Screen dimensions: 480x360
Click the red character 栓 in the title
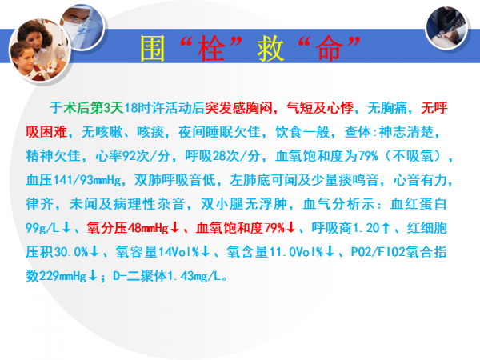coord(211,48)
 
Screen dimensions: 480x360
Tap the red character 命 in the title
coord(329,48)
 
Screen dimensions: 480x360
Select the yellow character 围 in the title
coord(153,48)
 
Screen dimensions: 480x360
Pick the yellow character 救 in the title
coord(270,48)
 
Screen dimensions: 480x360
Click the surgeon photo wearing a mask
coord(82,26)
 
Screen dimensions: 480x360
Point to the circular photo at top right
coord(446,28)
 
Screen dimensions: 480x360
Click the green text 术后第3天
coord(94,108)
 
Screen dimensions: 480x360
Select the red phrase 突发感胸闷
coord(238,108)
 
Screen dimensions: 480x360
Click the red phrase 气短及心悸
coord(320,108)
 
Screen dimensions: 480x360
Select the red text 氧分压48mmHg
coord(128,228)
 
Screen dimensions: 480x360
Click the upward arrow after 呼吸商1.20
coord(386,228)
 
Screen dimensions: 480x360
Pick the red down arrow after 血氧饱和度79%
coord(291,228)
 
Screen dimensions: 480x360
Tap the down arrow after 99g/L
coord(66,228)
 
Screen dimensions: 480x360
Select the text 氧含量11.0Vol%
coord(275,252)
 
